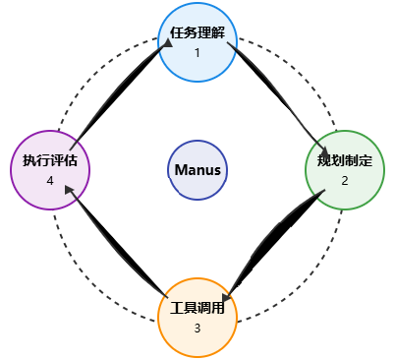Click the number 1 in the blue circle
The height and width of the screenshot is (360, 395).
point(197,52)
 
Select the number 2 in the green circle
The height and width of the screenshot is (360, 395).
point(345,181)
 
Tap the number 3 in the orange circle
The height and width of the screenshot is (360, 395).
point(197,328)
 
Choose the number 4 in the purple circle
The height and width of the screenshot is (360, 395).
point(49,181)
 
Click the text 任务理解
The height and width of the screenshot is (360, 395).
point(197,32)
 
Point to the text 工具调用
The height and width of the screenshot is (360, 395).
point(197,308)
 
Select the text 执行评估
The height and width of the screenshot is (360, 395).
point(49,160)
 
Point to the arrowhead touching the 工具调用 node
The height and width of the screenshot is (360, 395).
point(228,296)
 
